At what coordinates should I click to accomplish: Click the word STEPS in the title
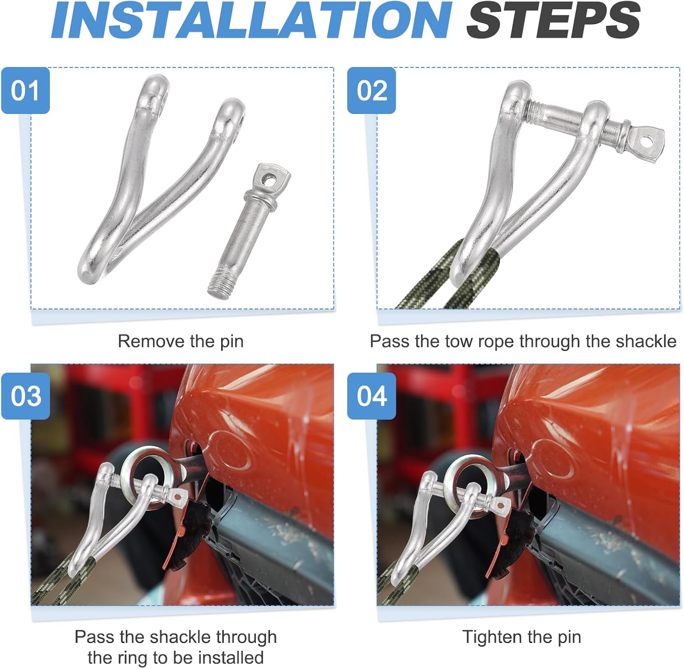553,21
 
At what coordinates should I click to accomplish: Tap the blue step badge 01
26,90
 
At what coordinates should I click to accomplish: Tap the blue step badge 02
372,90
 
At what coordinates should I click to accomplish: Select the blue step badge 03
26,396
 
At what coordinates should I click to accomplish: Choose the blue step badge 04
372,396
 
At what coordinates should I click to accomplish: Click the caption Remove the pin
181,341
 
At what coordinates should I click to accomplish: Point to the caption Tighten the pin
522,637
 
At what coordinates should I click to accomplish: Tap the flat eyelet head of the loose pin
272,179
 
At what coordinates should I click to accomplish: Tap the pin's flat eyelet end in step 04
499,505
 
